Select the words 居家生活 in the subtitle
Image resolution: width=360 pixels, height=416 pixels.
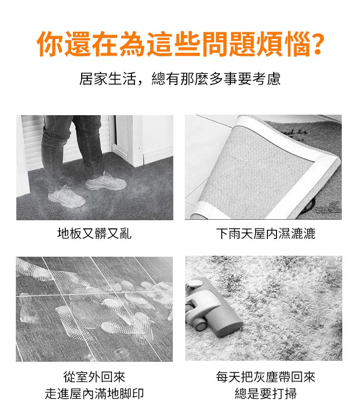(x=108, y=79)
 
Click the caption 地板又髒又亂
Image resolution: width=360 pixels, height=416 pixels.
(x=95, y=234)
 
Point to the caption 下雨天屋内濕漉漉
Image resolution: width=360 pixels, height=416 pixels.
(x=265, y=234)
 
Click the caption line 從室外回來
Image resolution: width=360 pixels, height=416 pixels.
(x=95, y=377)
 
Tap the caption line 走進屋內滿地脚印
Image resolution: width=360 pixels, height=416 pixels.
(x=95, y=393)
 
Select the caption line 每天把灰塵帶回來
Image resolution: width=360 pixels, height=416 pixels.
(x=265, y=377)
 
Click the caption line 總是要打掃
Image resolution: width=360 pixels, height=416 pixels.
(x=265, y=393)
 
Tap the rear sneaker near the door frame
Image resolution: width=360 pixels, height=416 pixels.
(x=106, y=180)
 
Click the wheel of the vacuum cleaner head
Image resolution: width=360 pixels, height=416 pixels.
(x=200, y=324)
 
